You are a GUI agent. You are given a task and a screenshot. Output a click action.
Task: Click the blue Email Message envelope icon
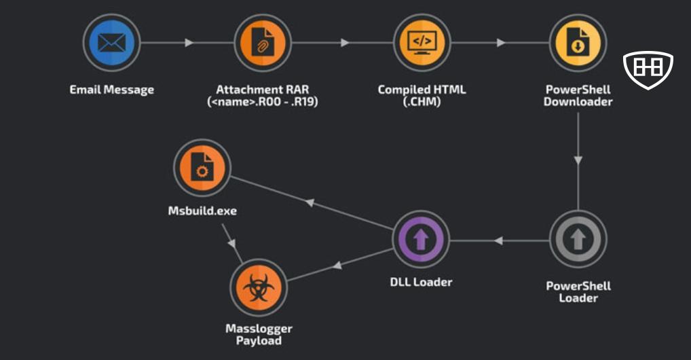(x=111, y=43)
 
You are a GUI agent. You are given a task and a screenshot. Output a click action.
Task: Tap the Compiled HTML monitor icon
(x=422, y=43)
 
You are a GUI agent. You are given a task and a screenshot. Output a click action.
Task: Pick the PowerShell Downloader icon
(x=578, y=43)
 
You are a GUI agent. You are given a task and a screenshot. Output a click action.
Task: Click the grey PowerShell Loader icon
(x=578, y=239)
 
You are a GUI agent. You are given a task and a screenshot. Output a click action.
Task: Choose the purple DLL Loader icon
(x=422, y=239)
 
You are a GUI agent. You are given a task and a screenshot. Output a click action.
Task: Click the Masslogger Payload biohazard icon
(x=259, y=288)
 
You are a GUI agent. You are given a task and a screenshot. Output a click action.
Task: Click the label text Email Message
(x=111, y=90)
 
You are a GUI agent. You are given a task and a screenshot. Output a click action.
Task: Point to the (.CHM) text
(x=422, y=103)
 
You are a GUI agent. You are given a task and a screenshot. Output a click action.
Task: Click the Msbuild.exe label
(x=202, y=211)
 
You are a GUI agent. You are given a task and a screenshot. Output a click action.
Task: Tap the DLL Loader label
(x=422, y=282)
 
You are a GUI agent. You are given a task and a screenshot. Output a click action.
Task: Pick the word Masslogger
(x=259, y=329)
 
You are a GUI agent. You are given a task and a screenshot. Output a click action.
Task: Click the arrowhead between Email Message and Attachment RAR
(x=189, y=43)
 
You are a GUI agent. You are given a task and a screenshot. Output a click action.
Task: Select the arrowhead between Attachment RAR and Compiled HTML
(x=345, y=43)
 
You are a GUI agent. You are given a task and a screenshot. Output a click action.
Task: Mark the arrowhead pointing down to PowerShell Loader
(x=578, y=161)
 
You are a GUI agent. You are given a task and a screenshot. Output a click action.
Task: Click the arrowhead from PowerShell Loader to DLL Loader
(x=498, y=240)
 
